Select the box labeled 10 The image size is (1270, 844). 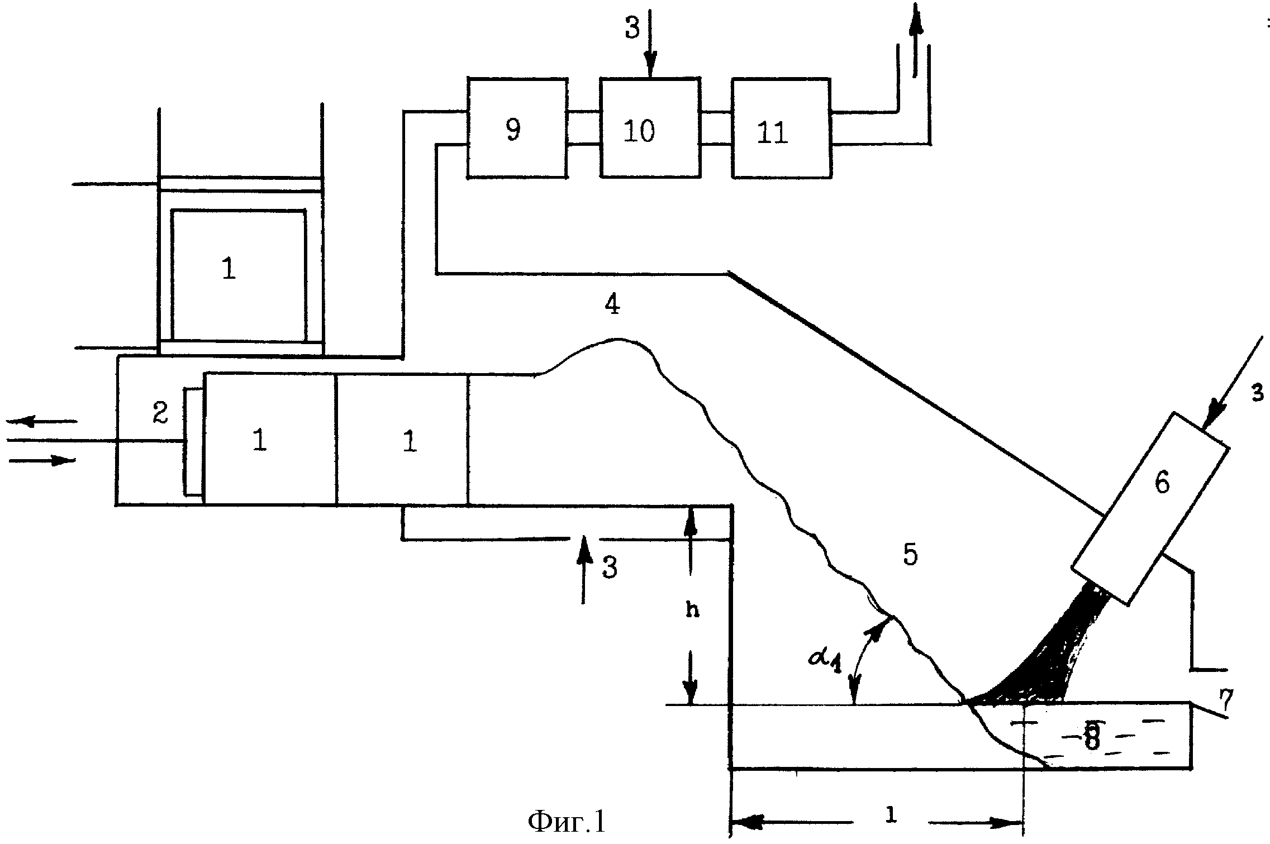pos(650,128)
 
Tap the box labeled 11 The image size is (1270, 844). pos(781,128)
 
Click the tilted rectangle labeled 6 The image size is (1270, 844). pos(1151,508)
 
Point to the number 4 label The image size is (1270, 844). pos(613,304)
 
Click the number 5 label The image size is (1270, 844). pos(911,555)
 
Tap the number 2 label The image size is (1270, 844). pos(160,414)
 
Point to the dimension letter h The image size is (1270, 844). pos(692,611)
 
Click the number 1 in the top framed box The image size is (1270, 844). pos(229,269)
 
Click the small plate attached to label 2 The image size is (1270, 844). pos(194,441)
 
